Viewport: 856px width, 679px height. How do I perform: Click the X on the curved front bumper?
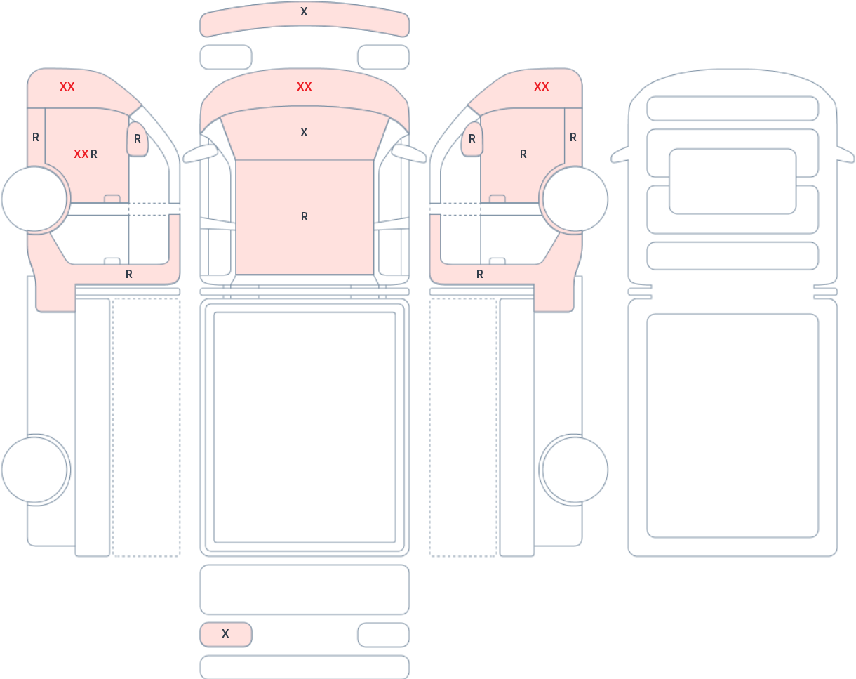tap(304, 11)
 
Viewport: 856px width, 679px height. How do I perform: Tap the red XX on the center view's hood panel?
tap(305, 86)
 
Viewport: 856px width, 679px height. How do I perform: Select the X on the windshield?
tap(304, 132)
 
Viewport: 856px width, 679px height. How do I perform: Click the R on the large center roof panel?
tap(305, 216)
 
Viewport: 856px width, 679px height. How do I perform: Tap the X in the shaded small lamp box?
tap(225, 633)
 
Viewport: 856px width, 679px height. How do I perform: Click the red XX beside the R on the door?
tap(81, 154)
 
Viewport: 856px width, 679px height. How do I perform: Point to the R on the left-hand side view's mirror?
tap(138, 138)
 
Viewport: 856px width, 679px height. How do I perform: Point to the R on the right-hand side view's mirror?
tap(472, 138)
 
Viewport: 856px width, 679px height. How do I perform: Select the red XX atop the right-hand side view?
tap(542, 86)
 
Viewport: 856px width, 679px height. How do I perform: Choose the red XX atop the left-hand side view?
tap(67, 86)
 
